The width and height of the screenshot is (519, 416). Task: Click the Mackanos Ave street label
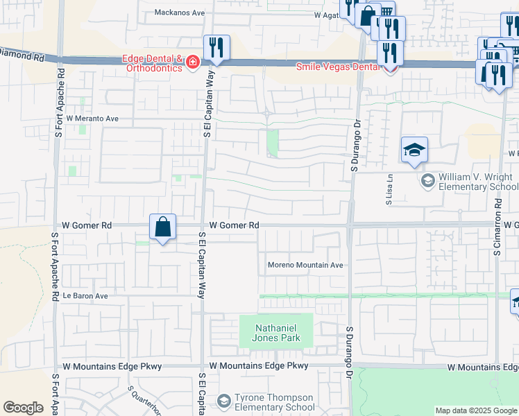pyautogui.click(x=180, y=12)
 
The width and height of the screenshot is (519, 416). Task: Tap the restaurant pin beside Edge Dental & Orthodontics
pyautogui.click(x=216, y=48)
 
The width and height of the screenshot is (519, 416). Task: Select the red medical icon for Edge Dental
pyautogui.click(x=192, y=63)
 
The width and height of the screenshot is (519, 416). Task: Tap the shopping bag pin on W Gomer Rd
pyautogui.click(x=162, y=227)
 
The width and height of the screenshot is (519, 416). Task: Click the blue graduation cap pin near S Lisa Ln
pyautogui.click(x=414, y=150)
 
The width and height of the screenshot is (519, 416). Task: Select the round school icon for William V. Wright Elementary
pyautogui.click(x=427, y=181)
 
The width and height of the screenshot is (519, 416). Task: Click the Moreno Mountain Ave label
pyautogui.click(x=306, y=265)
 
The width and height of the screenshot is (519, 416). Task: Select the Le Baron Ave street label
pyautogui.click(x=85, y=295)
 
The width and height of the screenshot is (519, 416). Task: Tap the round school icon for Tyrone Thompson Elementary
pyautogui.click(x=223, y=401)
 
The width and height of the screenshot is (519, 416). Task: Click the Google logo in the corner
pyautogui.click(x=24, y=408)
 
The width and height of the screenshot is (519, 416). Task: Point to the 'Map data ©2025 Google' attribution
pyautogui.click(x=476, y=410)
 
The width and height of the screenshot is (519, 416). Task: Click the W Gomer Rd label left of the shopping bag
pyautogui.click(x=87, y=225)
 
